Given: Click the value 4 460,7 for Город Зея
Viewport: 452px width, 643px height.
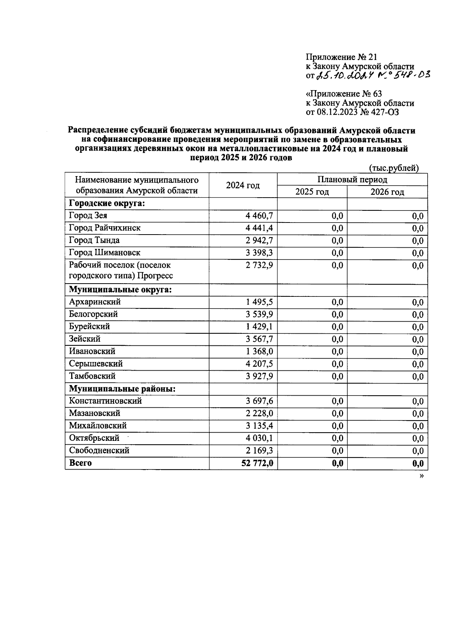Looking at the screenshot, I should coord(259,216).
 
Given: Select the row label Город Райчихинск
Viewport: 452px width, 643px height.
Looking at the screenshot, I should coord(105,228).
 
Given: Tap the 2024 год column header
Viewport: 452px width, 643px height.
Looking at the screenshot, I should coord(243,186).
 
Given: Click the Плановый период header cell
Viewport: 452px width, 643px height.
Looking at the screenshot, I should coord(352,180).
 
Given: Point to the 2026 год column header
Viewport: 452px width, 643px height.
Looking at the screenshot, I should coord(387,192).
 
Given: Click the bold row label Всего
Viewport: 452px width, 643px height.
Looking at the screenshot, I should coord(80,463).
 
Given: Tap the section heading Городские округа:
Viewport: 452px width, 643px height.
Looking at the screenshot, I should coord(107,204).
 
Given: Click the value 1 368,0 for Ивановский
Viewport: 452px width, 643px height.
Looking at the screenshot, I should coord(259,351).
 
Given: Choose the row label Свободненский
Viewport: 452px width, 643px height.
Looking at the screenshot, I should coord(99,451).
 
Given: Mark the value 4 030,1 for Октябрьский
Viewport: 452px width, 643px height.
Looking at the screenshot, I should coord(259,438).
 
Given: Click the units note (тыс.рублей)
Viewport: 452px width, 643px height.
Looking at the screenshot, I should coord(394,168).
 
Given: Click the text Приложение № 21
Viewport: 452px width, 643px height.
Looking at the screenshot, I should coord(341,57).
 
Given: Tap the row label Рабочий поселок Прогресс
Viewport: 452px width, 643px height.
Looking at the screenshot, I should coord(121,270).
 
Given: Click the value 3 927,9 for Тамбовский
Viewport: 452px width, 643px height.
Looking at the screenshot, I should coord(259,376).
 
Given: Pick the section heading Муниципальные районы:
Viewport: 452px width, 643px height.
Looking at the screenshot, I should coord(122,389).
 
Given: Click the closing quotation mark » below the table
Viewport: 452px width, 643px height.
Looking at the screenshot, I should coord(421,476).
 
